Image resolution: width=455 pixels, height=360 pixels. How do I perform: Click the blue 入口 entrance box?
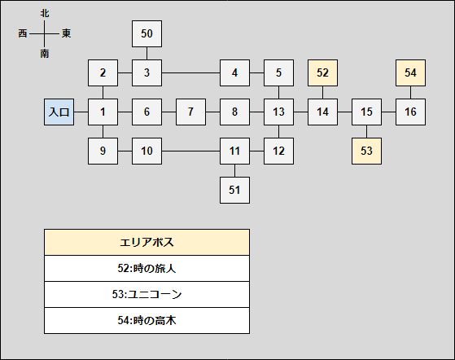[59, 112]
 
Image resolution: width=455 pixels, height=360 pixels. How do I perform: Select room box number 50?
[147, 33]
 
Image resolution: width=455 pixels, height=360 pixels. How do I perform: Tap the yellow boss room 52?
[322, 72]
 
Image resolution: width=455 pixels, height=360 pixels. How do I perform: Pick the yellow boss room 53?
[366, 151]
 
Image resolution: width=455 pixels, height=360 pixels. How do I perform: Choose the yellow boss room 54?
[410, 72]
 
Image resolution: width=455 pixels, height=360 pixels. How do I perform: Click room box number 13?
[278, 112]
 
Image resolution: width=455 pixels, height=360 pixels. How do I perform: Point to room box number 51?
[234, 190]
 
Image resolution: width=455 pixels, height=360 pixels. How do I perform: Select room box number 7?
[190, 112]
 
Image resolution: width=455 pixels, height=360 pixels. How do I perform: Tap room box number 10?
[147, 151]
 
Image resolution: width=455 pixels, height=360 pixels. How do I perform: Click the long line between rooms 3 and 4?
[191, 72]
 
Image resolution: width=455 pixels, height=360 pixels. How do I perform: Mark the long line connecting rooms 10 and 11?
[191, 151]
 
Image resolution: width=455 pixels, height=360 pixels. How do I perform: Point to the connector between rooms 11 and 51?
[234, 171]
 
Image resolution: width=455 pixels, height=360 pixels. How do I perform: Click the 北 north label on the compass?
[45, 13]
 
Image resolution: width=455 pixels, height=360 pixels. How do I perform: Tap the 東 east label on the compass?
[66, 33]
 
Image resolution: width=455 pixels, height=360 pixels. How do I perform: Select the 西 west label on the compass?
[23, 33]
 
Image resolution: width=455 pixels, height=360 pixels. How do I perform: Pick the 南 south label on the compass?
[45, 54]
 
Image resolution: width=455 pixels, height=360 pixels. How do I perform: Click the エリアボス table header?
[147, 242]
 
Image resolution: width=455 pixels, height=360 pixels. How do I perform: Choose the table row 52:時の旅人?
[147, 268]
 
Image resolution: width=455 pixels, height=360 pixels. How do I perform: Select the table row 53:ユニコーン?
[147, 294]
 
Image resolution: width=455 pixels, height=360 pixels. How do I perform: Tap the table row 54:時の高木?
[147, 321]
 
